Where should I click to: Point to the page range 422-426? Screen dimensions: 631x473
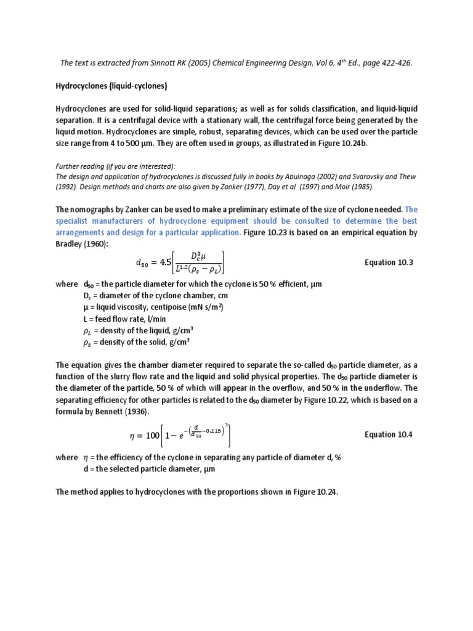(x=392, y=62)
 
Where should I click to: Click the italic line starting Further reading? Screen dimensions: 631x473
(x=116, y=166)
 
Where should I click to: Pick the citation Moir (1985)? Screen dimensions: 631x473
(x=352, y=187)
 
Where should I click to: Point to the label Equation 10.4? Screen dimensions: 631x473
(x=388, y=434)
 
